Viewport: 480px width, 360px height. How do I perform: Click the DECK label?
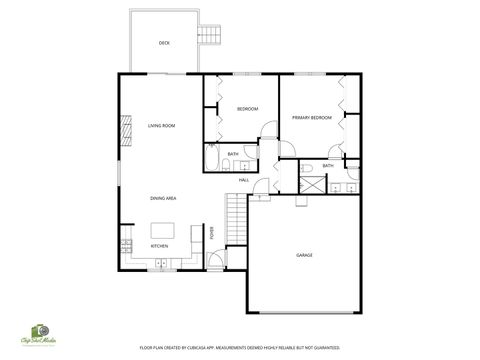(x=164, y=43)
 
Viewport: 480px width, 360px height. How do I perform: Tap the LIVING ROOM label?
(x=162, y=126)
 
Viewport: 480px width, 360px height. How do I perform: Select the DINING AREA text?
(x=164, y=199)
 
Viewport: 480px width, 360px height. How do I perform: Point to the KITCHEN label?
(x=159, y=246)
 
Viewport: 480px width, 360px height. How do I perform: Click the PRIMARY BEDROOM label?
(x=311, y=118)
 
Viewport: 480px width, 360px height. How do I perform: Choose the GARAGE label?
(x=304, y=255)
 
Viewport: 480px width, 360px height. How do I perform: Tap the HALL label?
(x=244, y=179)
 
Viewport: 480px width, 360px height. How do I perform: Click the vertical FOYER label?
(x=212, y=234)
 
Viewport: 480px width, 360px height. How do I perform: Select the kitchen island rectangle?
(x=161, y=229)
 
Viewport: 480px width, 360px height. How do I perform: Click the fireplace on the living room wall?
(x=126, y=129)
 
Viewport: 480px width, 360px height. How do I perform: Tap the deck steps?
(x=209, y=36)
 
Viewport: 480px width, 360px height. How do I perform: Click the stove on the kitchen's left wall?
(x=125, y=244)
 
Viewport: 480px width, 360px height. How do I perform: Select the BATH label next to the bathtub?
(x=233, y=154)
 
